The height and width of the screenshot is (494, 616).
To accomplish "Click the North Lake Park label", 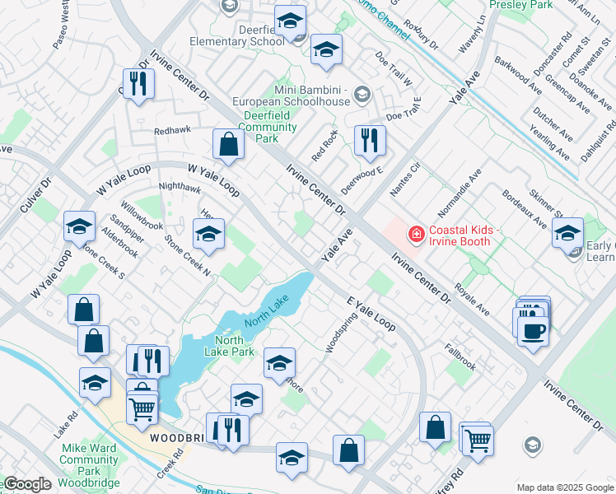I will click(235, 346).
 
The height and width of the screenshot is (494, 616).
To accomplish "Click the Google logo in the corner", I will click(26, 484).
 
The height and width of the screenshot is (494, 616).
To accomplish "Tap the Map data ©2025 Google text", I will click(565, 487).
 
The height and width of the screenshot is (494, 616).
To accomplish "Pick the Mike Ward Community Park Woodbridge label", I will click(84, 459).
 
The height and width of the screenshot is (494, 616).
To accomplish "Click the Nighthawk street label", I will click(180, 188).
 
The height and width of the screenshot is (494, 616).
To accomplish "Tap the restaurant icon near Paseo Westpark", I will click(138, 83).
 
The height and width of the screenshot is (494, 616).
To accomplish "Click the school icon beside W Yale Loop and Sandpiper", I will click(80, 227).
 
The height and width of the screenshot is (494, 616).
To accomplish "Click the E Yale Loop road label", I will click(371, 314).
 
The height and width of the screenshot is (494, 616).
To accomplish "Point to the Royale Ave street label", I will click(474, 301).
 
